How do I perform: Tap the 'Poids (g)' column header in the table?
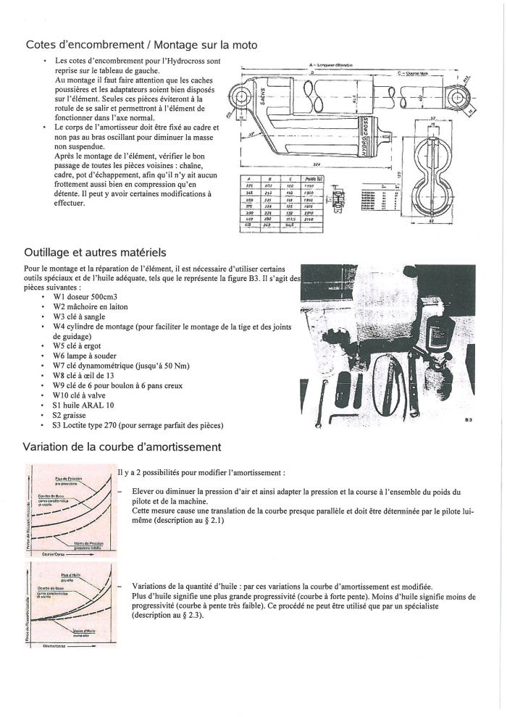click(x=316, y=177)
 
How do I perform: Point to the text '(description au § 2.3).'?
click(x=169, y=615)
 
